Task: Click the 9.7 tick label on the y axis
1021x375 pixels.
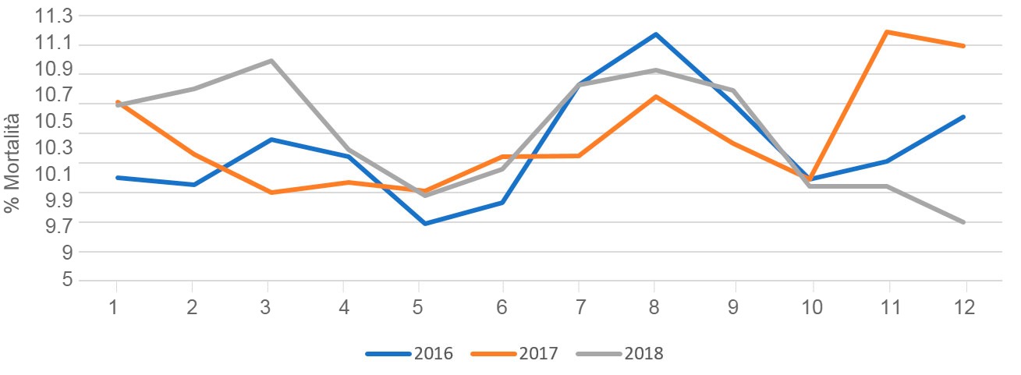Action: (57, 224)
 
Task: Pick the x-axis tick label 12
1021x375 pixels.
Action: (966, 307)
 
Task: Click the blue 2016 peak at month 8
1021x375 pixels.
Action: (656, 34)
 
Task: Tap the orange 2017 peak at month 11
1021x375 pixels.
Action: (888, 32)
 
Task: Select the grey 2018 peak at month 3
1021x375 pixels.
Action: (271, 61)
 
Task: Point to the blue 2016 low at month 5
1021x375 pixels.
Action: (424, 224)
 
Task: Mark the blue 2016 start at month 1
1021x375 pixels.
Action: (116, 178)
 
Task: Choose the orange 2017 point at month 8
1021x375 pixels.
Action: (656, 97)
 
